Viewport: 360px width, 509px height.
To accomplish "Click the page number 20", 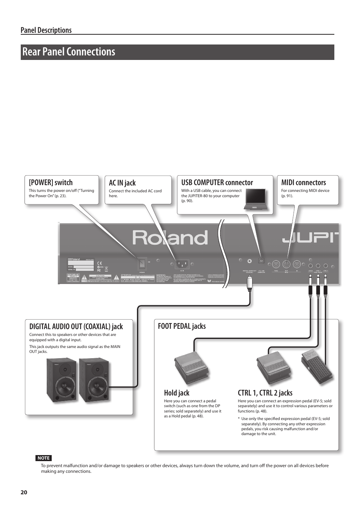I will tap(24, 492).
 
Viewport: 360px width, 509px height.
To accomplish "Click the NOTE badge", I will tap(43, 458).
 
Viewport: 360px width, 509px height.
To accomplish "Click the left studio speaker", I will tap(62, 380).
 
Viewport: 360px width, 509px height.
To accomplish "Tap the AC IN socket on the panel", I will tap(182, 264).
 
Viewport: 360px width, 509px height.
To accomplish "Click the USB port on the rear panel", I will tap(261, 261).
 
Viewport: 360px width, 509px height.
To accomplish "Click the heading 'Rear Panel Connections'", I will tap(69, 52).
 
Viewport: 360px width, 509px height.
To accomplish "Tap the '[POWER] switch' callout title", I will tap(51, 182).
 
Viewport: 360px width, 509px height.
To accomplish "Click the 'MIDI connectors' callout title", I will tap(303, 182).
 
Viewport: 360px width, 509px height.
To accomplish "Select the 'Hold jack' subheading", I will tap(177, 393).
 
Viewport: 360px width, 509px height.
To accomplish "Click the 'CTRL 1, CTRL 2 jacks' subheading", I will tap(265, 393).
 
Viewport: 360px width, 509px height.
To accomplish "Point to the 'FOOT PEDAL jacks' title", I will tap(182, 326).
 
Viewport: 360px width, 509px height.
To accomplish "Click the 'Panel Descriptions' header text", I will tap(46, 30).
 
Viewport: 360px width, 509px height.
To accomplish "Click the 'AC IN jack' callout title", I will tap(122, 183).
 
